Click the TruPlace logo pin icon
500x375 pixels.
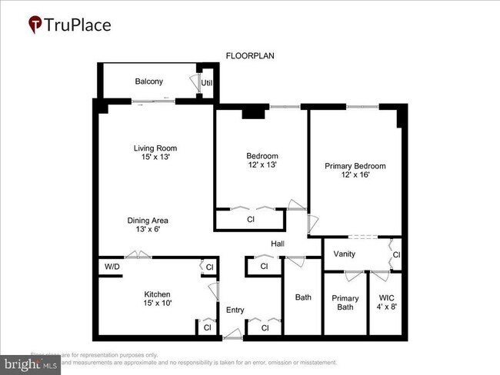pyautogui.click(x=35, y=25)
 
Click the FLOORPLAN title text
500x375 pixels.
pyautogui.click(x=250, y=56)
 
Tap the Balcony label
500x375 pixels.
pyautogui.click(x=148, y=81)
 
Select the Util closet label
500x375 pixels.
pyautogui.click(x=207, y=83)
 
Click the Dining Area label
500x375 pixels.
pyautogui.click(x=148, y=221)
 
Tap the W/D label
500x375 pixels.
pyautogui.click(x=112, y=267)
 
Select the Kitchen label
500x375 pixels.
pyautogui.click(x=157, y=294)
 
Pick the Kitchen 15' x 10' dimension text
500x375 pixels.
pyautogui.click(x=157, y=304)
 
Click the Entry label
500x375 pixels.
pyautogui.click(x=235, y=310)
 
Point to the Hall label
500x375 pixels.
pyautogui.click(x=278, y=244)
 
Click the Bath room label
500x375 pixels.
pyautogui.click(x=303, y=297)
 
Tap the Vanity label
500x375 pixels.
pyautogui.click(x=344, y=254)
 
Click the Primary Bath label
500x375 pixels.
pyautogui.click(x=345, y=303)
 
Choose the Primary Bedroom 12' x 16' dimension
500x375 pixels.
pyautogui.click(x=355, y=175)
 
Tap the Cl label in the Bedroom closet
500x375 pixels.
pyautogui.click(x=251, y=220)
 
